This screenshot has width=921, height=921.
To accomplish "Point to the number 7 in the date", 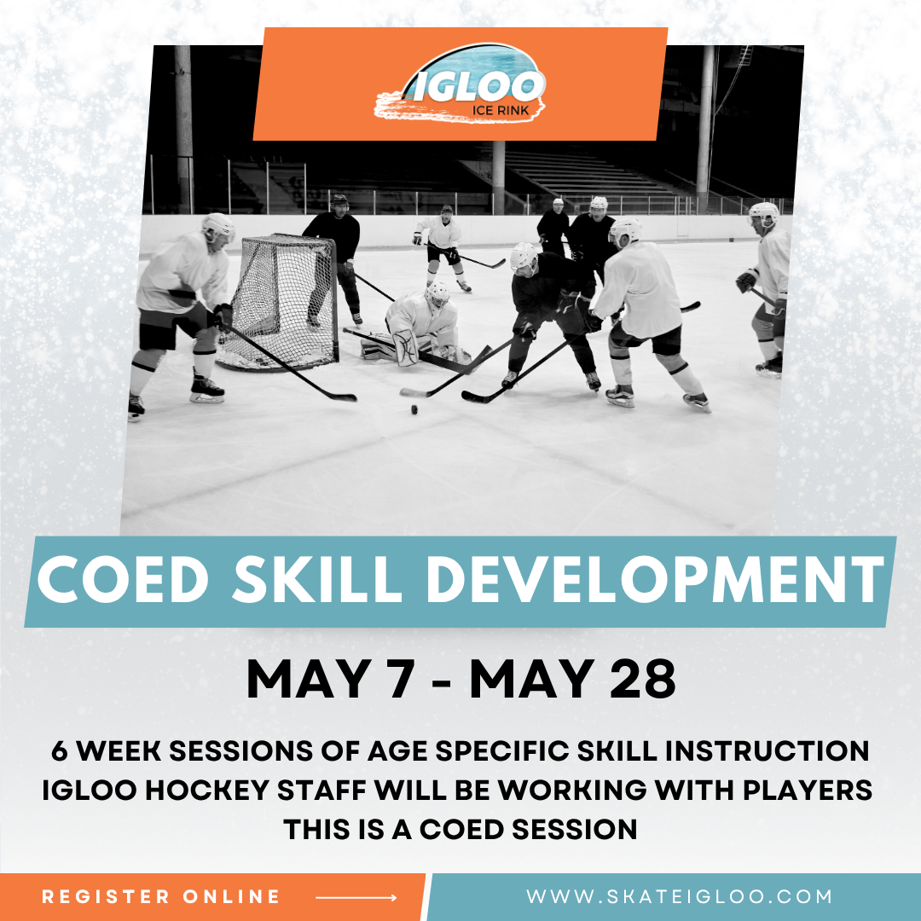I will pyautogui.click(x=394, y=680).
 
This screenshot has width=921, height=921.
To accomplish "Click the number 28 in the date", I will pyautogui.click(x=642, y=680).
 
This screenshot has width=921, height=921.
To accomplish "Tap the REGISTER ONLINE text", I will pyautogui.click(x=161, y=897).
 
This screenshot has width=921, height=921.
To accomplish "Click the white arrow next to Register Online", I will pyautogui.click(x=356, y=897).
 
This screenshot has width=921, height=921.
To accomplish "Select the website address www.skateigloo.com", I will pyautogui.click(x=679, y=897).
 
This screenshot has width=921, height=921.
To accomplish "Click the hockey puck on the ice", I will pyautogui.click(x=415, y=410).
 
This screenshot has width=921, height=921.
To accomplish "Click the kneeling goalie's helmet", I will pyautogui.click(x=437, y=295).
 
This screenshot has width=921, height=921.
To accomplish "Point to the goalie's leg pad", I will pyautogui.click(x=406, y=347).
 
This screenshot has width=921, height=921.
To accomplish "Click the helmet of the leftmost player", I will pyautogui.click(x=218, y=226).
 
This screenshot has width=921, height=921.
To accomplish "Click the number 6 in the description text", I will pyautogui.click(x=59, y=752).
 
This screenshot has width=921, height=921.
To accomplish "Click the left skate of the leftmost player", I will pyautogui.click(x=136, y=407).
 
